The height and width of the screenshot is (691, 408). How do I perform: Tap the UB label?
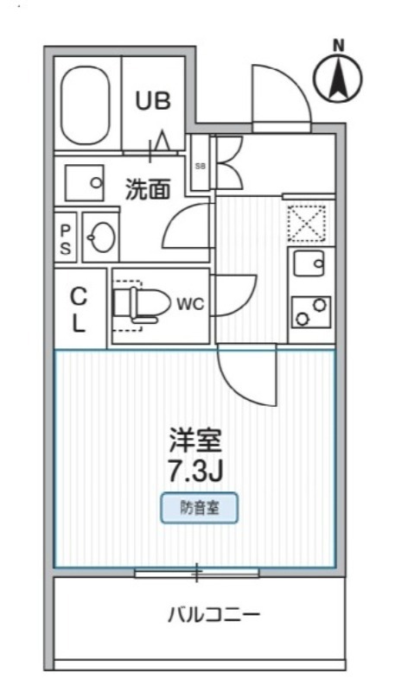tap(152, 100)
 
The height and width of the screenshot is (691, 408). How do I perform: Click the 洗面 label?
tap(146, 188)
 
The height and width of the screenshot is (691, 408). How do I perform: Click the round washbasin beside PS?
tap(102, 237)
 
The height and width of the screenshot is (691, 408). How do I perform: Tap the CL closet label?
tap(79, 310)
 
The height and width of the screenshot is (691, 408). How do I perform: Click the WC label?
tap(189, 304)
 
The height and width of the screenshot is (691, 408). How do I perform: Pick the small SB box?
tap(200, 164)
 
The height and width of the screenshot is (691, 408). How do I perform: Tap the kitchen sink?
tap(309, 263)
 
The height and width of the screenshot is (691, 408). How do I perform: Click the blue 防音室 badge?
tap(199, 508)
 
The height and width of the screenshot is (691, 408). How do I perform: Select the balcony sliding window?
tap(197, 572)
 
